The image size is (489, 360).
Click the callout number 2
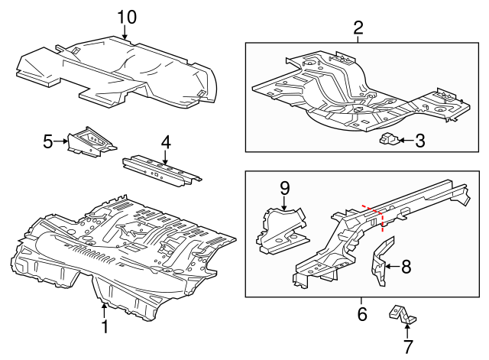click(358, 28)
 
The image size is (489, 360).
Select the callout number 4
click(165, 141)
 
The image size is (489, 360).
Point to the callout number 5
click(47, 141)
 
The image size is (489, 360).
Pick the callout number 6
click(362, 313)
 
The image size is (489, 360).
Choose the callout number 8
click(406, 266)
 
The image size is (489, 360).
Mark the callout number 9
click(284, 187)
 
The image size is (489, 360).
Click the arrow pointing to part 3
click(405, 140)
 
